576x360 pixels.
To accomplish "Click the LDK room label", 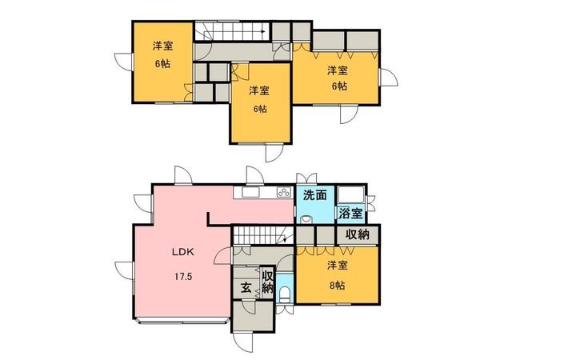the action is pos(183,252).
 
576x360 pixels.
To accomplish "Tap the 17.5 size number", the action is pos(183,277).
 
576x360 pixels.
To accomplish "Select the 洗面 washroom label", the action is pos(315,195).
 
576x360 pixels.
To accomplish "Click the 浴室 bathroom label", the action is pos(351,214).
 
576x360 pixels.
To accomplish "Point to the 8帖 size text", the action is pos(337,286).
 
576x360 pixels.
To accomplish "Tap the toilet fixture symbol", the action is pos(285,294).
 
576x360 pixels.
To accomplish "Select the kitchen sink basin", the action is pos(250,192).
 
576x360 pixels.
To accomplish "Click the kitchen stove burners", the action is pos(283,192).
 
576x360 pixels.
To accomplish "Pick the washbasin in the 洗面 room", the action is pos(306,220).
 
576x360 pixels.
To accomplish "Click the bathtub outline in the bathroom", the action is pos(351,195).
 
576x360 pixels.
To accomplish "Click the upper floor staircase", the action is pos(232,31).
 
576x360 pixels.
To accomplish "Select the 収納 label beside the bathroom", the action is pos(358,234).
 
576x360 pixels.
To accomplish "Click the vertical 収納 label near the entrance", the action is pos(267,282).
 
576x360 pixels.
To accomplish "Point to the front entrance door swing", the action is pos(243,342).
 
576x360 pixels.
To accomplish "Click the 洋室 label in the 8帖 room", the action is pos(338,266).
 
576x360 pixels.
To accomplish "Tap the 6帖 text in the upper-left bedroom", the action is pos(162,64).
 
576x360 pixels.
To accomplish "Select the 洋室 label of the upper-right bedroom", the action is pos(338,70).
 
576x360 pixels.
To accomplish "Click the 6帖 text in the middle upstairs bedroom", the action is pos(259,109).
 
